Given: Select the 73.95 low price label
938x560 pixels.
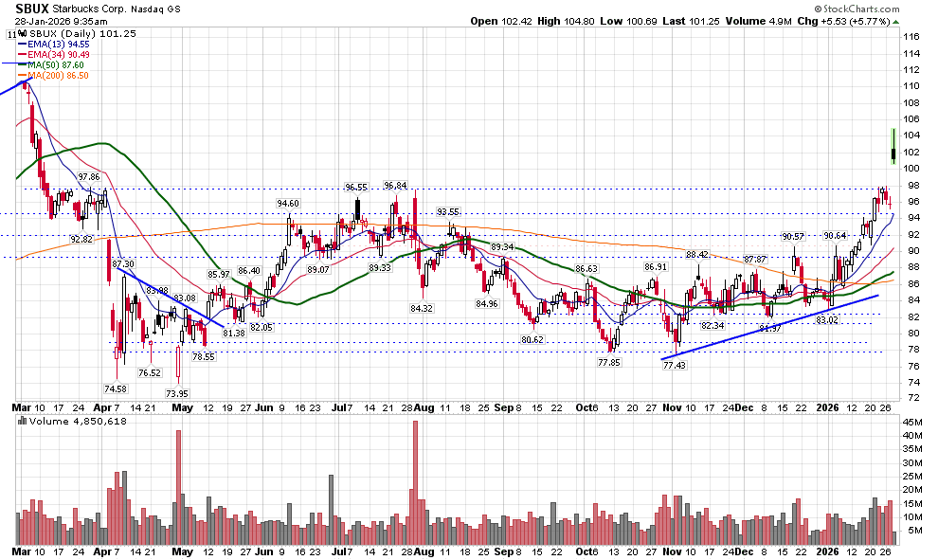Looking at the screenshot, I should coord(177,393).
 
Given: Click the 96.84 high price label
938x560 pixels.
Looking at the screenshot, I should coord(395,186).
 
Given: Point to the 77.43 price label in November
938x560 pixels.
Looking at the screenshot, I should coord(675,366).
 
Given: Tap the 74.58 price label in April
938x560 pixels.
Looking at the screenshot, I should coord(115,388).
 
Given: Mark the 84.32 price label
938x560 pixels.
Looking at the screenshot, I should coord(422,308).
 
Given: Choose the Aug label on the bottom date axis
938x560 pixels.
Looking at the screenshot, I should coord(424,551).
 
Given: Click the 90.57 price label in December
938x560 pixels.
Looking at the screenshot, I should coord(793,236).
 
